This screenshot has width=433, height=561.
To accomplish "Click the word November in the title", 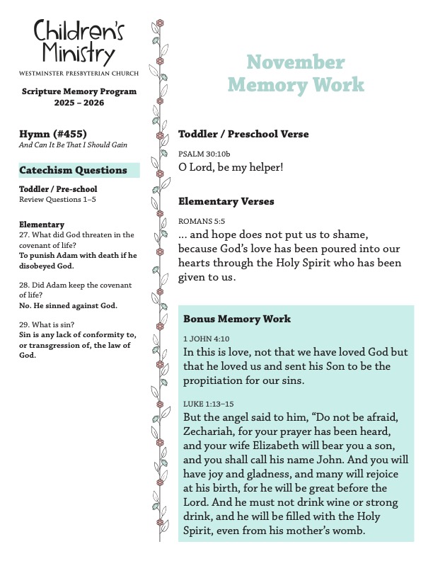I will tap(296, 62).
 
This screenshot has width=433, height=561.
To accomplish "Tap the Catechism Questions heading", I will tap(74, 170).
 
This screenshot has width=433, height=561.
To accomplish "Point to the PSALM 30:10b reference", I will tap(204, 153).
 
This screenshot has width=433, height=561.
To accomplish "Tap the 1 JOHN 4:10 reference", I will tap(206, 339).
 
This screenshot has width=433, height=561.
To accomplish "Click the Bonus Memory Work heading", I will tap(237, 319).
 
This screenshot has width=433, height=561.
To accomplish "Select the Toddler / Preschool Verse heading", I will tap(243, 134).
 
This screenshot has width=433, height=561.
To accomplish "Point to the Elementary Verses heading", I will tap(226, 201).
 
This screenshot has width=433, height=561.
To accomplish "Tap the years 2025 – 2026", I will tap(79, 103).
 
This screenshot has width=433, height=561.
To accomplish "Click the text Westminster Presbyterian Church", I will tap(79, 73).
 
